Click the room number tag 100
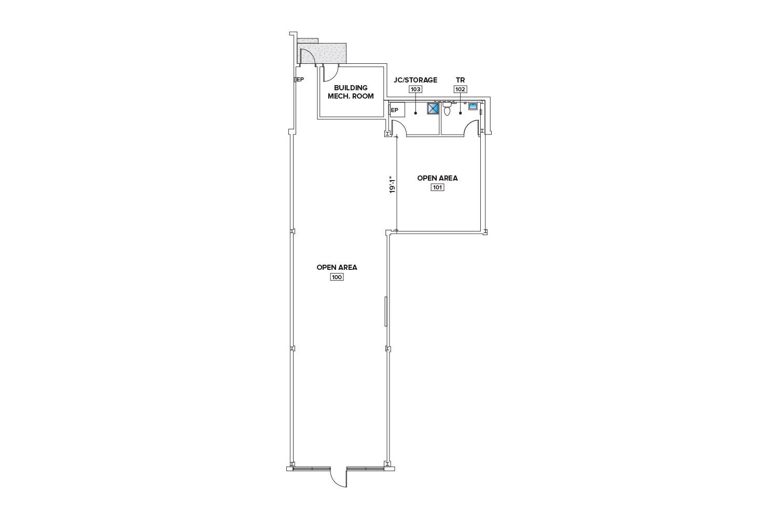tap(337, 277)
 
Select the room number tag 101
tap(437, 187)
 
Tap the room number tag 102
tap(460, 89)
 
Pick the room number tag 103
tap(416, 89)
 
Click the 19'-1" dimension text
tap(393, 186)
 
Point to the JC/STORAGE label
tap(415, 80)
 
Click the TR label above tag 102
tap(460, 80)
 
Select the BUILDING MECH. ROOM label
tap(351, 92)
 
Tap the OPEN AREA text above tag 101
tap(437, 178)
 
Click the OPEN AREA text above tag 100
tap(337, 267)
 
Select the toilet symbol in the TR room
tap(447, 108)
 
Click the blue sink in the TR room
tap(473, 106)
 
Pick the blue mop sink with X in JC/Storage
tap(433, 108)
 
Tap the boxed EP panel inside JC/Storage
tap(397, 110)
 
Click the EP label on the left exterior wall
tap(299, 79)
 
